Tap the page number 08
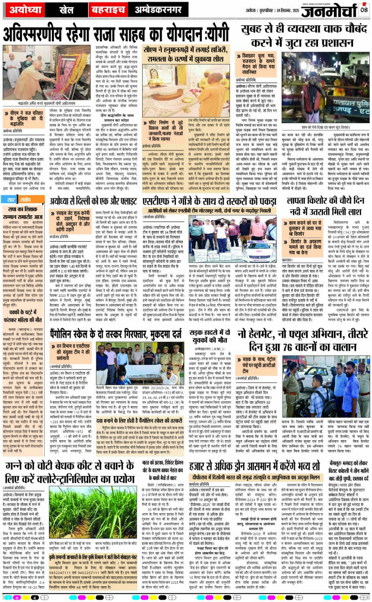tap(364, 8)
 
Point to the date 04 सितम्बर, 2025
tap(281, 9)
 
